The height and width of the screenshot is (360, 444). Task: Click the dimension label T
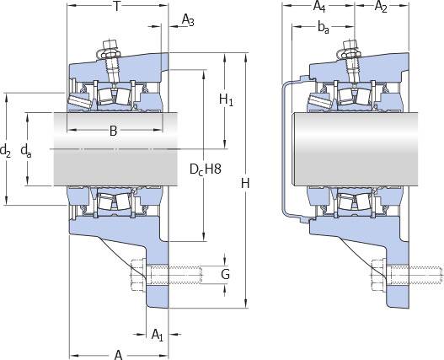point(116,7)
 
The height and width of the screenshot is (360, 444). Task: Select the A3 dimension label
point(189,20)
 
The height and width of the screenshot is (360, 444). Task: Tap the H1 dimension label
point(227,99)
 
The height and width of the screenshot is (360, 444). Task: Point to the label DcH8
point(206,169)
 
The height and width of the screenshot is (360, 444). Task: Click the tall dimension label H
point(245,183)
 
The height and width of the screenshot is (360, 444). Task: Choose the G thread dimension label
point(226,274)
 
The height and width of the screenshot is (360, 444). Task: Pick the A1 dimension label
point(158,335)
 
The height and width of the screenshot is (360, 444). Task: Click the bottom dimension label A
point(118,355)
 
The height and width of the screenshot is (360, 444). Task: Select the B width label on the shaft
point(113,131)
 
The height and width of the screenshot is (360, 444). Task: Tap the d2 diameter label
point(5,150)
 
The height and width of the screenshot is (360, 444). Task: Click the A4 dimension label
point(319,7)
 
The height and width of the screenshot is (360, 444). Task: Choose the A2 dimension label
point(381,7)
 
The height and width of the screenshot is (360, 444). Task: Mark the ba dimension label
point(324,28)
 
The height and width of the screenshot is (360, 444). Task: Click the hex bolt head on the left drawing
point(138,274)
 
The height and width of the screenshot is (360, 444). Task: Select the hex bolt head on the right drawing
point(377,274)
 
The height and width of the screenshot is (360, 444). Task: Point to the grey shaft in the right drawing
point(355,149)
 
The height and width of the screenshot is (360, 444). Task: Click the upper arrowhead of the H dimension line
point(245,56)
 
